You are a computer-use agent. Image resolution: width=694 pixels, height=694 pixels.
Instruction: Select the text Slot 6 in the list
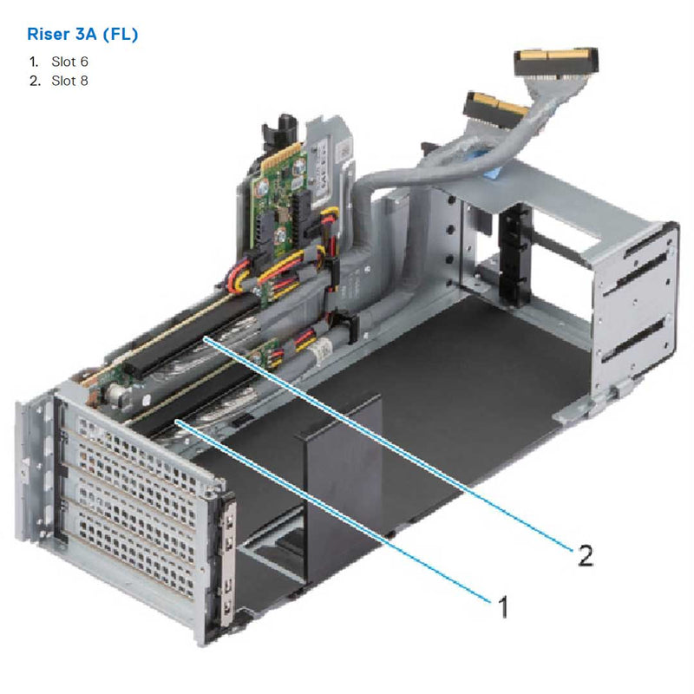[x=69, y=62]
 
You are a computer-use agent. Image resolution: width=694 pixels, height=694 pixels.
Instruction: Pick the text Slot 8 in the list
[x=69, y=81]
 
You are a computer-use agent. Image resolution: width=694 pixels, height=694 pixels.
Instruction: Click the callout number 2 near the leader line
[x=586, y=555]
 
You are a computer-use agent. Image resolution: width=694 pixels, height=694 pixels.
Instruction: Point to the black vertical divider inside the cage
[x=344, y=468]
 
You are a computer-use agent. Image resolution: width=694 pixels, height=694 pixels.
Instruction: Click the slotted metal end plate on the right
[x=638, y=304]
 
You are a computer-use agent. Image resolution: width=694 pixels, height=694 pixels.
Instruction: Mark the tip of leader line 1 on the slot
[x=177, y=421]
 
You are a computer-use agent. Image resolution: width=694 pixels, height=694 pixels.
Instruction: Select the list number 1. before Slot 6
[x=33, y=62]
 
